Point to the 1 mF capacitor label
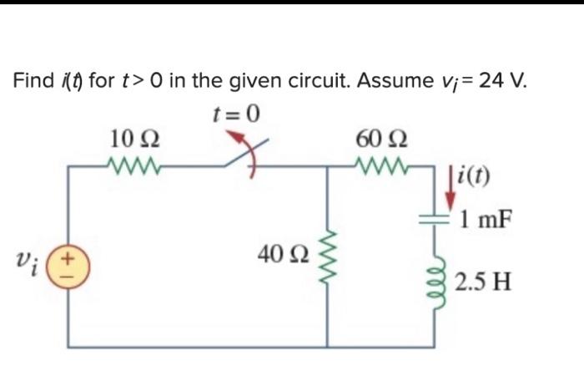(x=486, y=221)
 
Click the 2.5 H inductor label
(x=485, y=279)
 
